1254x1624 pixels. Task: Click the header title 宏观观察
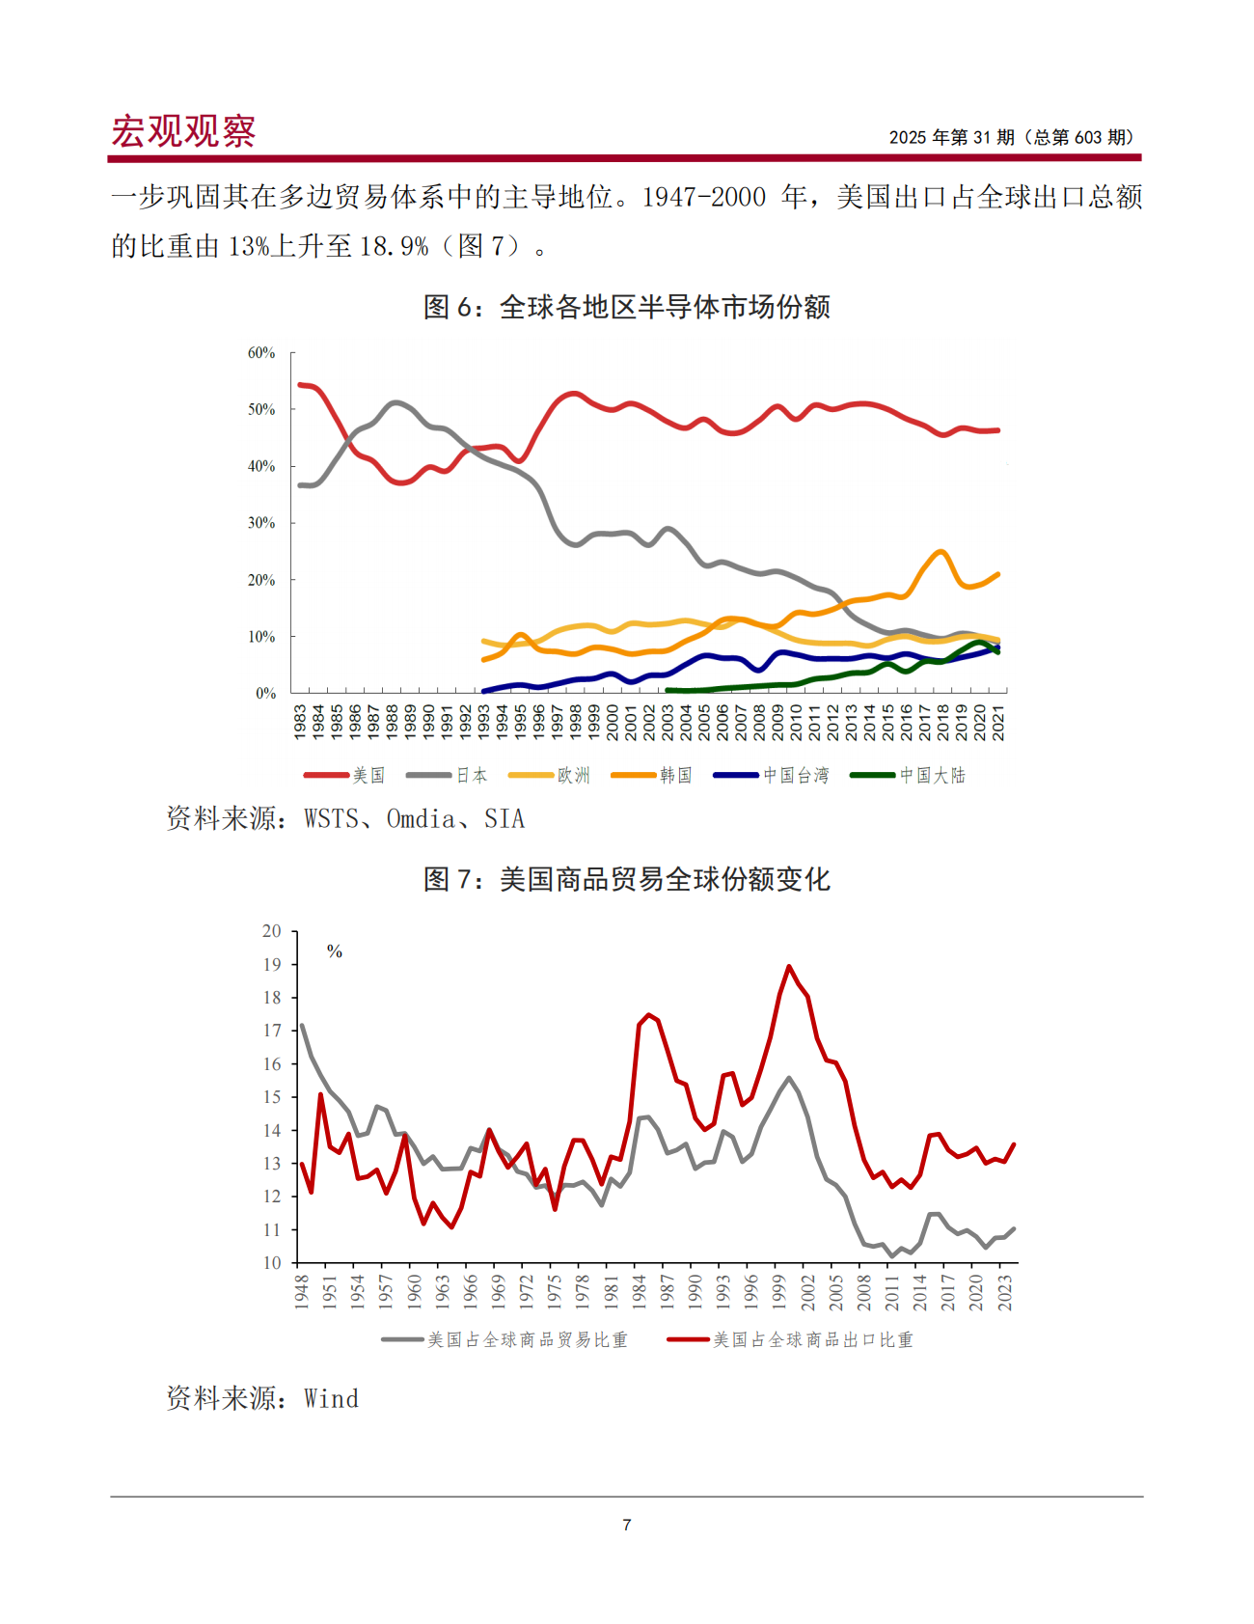point(183,131)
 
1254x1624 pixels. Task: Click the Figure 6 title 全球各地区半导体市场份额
point(627,307)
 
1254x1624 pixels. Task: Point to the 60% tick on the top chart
point(261,353)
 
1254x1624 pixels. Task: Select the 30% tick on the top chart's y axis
point(261,523)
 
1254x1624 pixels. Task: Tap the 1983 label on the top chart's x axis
point(300,722)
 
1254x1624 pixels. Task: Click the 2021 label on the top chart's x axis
point(998,722)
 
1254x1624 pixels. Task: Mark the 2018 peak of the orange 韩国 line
point(940,551)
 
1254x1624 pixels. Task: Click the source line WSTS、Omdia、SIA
point(345,819)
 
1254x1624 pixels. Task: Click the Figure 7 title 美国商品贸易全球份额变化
point(627,879)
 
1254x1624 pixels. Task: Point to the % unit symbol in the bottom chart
point(335,951)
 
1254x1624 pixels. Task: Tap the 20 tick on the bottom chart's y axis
point(272,931)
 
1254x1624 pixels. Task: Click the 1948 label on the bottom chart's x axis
point(301,1291)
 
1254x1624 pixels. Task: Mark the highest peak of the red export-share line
point(789,966)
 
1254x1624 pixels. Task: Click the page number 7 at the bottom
point(627,1525)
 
